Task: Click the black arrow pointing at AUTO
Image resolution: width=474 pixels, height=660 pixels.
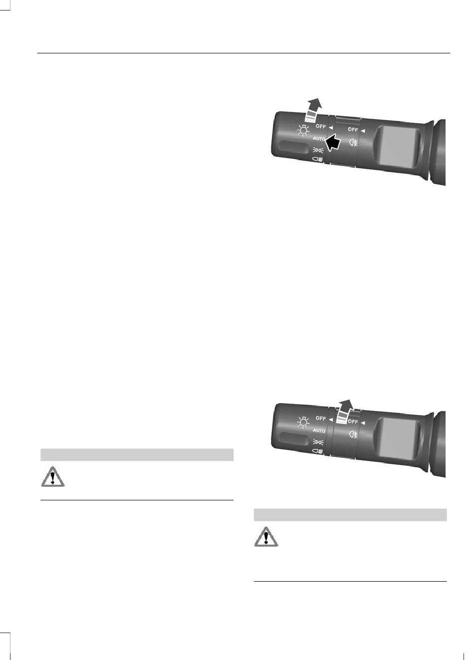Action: pyautogui.click(x=333, y=143)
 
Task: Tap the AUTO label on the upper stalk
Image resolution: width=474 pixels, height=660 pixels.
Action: pyautogui.click(x=319, y=139)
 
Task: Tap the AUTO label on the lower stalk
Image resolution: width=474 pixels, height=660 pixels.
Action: pyautogui.click(x=319, y=431)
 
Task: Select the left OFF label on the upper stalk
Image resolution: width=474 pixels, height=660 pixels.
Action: pyautogui.click(x=321, y=126)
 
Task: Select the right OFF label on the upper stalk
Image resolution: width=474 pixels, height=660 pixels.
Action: pyautogui.click(x=353, y=129)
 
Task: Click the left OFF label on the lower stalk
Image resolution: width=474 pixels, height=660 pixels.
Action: pyautogui.click(x=321, y=419)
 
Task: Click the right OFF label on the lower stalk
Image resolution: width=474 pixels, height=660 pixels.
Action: pyautogui.click(x=353, y=422)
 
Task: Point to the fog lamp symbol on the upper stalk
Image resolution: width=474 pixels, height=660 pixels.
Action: pyautogui.click(x=353, y=143)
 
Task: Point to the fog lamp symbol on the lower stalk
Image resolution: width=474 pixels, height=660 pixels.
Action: pyautogui.click(x=353, y=434)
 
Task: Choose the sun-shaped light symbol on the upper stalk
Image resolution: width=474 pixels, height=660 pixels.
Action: pyautogui.click(x=303, y=130)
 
